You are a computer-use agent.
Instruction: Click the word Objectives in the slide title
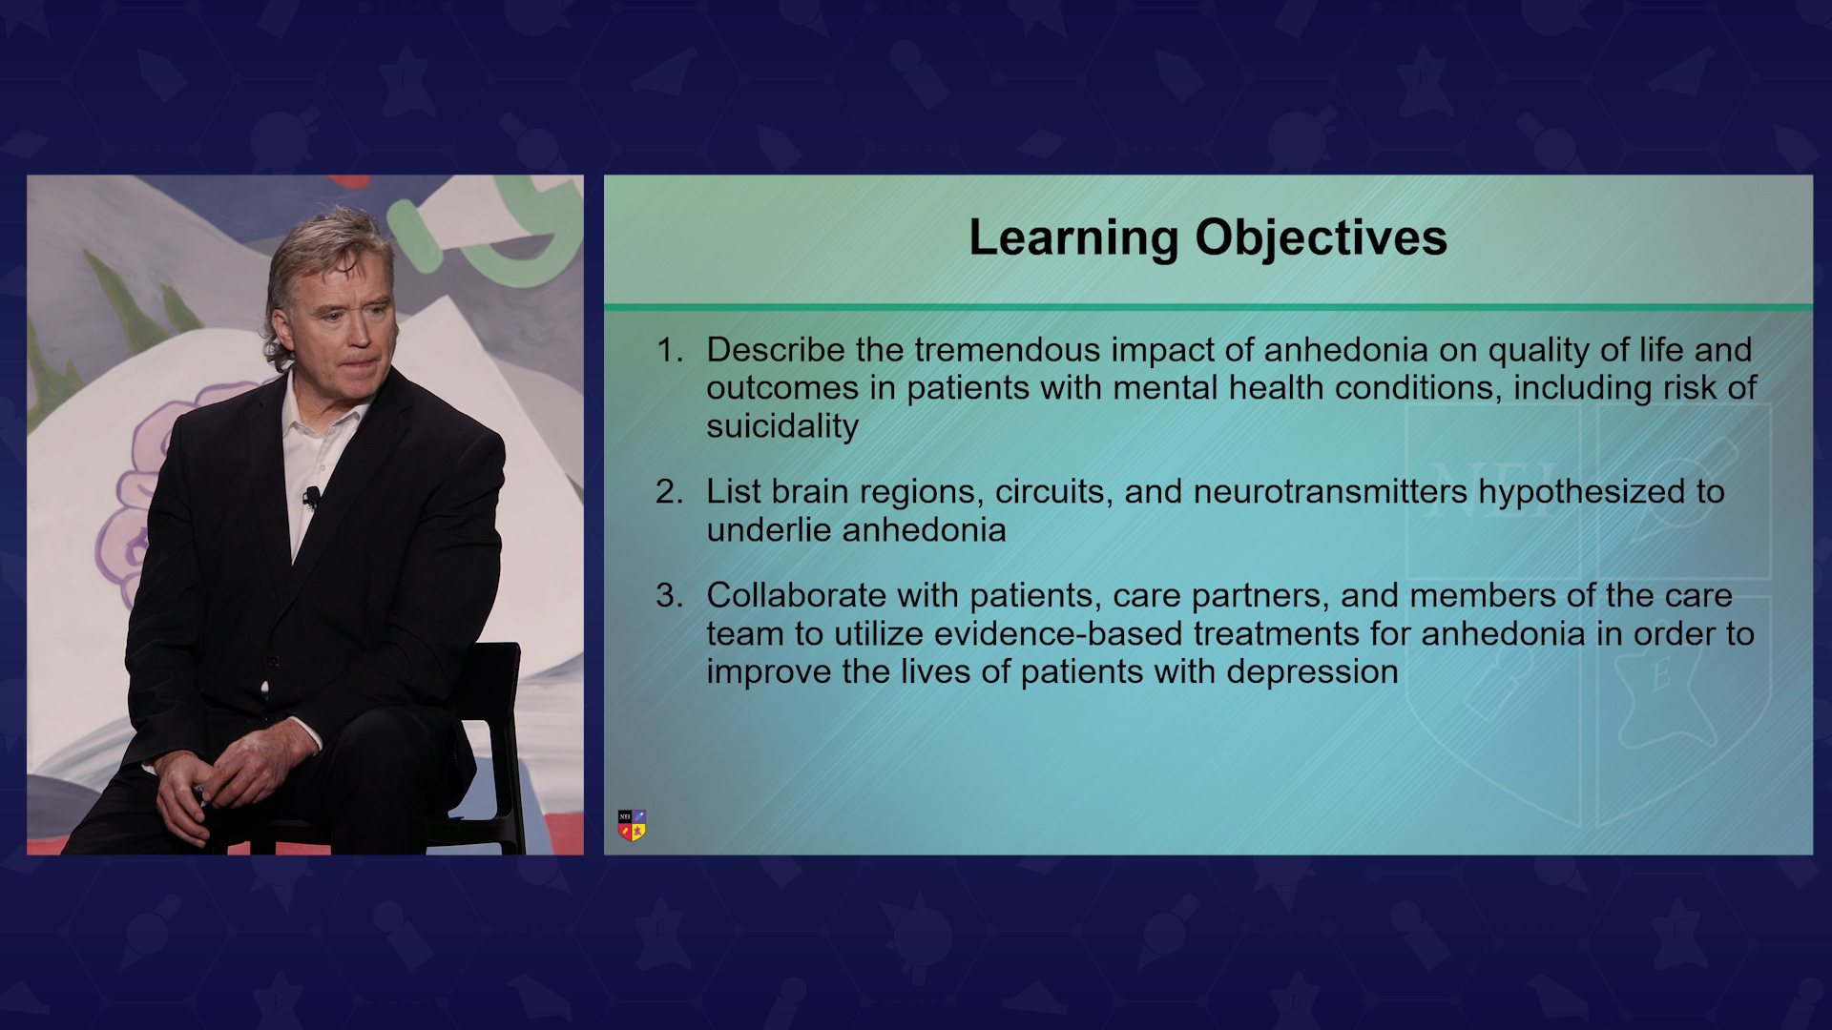pyautogui.click(x=1322, y=238)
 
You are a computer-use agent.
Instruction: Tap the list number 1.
pyautogui.click(x=669, y=350)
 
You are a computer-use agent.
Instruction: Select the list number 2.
pyautogui.click(x=669, y=492)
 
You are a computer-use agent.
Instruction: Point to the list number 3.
pyautogui.click(x=669, y=596)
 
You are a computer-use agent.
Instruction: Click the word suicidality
pyautogui.click(x=782, y=426)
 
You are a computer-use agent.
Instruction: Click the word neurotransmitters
pyautogui.click(x=1330, y=492)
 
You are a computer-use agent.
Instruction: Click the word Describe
pyautogui.click(x=776, y=350)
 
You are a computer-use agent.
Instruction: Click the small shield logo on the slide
pyautogui.click(x=632, y=826)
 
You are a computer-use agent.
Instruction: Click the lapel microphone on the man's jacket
pyautogui.click(x=311, y=496)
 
